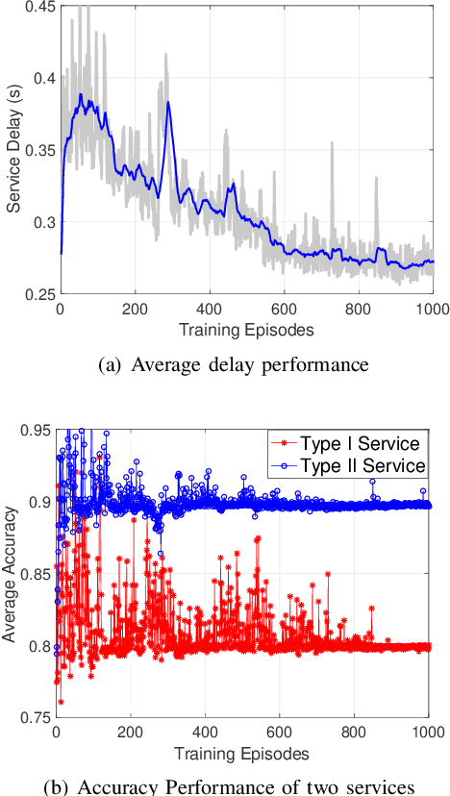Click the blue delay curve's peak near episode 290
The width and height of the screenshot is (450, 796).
click(168, 102)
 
